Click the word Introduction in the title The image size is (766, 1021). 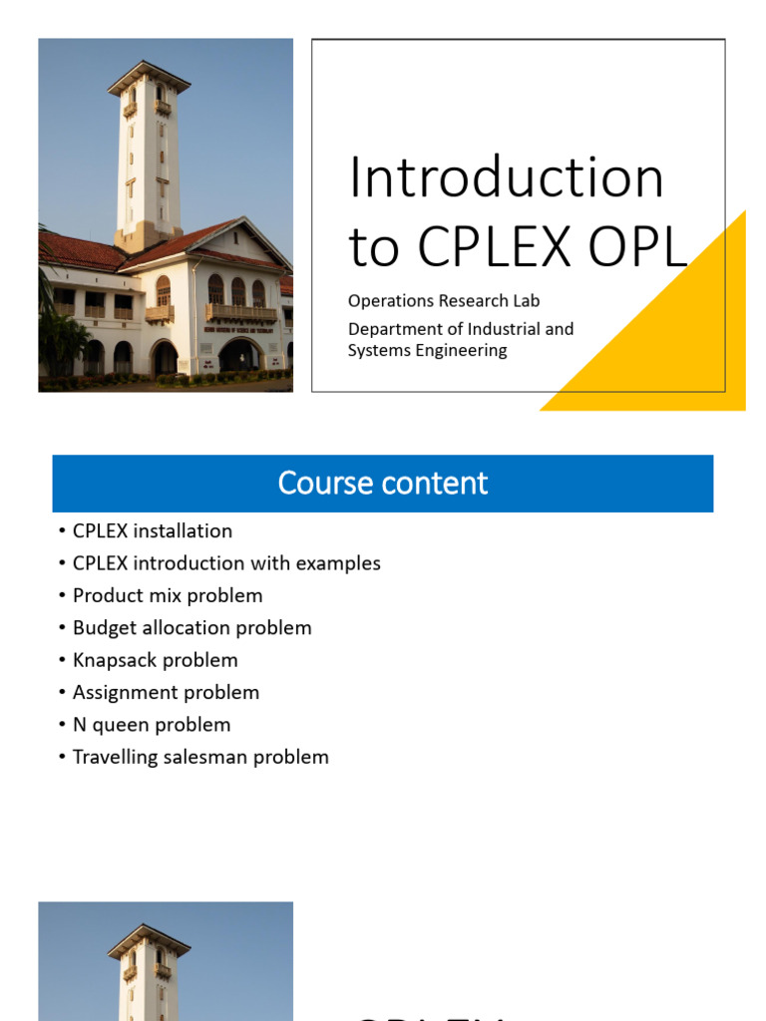[506, 178]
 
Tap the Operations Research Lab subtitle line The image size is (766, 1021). [444, 301]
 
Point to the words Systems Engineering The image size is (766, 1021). [427, 350]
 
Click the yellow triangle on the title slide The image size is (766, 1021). [678, 339]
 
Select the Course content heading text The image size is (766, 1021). [383, 483]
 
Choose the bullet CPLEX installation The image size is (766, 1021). [152, 531]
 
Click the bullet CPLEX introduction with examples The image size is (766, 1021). [226, 563]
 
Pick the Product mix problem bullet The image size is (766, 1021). [168, 595]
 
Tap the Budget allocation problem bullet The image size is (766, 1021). [191, 628]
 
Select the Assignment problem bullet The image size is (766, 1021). [166, 692]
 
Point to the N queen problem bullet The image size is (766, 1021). [152, 725]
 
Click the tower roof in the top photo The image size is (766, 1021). [149, 73]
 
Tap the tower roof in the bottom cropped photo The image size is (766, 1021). [149, 937]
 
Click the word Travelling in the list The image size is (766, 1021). [112, 757]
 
